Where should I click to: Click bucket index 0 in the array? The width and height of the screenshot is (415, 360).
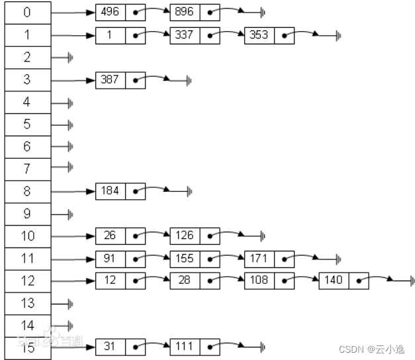coord(26,13)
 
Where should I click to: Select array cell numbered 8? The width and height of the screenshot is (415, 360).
coord(26,191)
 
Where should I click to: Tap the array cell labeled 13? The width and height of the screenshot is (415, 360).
coord(26,303)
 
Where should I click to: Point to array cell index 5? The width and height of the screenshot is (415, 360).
coord(26,124)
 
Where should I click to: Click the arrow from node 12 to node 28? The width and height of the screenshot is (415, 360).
coord(157,278)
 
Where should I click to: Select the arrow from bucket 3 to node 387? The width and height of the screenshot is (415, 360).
coord(73,80)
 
